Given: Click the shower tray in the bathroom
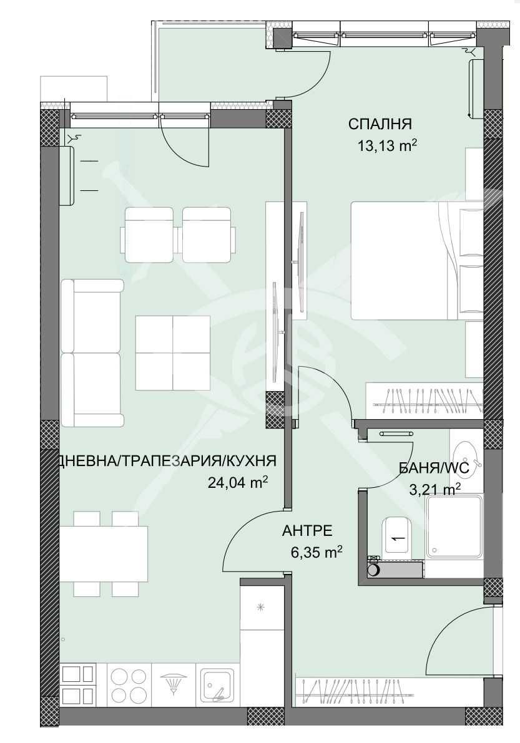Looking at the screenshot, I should point(454,527).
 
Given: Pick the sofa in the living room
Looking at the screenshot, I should point(92,352).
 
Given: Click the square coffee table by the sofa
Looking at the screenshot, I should point(173,352).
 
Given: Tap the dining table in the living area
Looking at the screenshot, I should point(104,554).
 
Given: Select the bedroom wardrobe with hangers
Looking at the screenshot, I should point(424,400).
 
